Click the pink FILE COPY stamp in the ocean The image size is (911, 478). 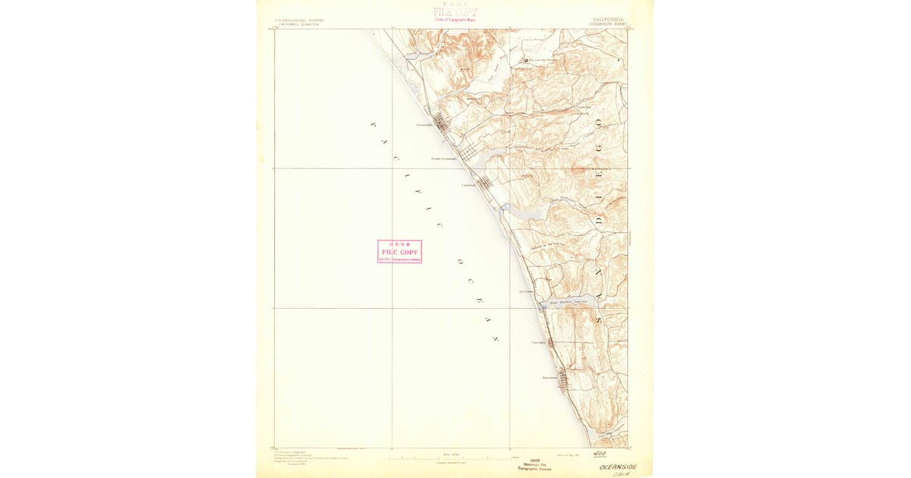pos(399,251)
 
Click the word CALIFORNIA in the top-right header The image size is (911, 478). pos(607,19)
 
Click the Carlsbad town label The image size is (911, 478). pos(468,184)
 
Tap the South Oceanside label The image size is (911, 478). pos(443,159)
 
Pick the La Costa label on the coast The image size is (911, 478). pos(525,291)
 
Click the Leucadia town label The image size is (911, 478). pos(538,342)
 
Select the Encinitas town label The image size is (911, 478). pos(550,376)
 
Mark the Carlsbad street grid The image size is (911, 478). pos(484,182)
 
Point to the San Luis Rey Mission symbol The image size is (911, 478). pos(525,60)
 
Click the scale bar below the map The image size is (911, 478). pos(449,458)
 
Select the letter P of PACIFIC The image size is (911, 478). pos(372,124)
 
